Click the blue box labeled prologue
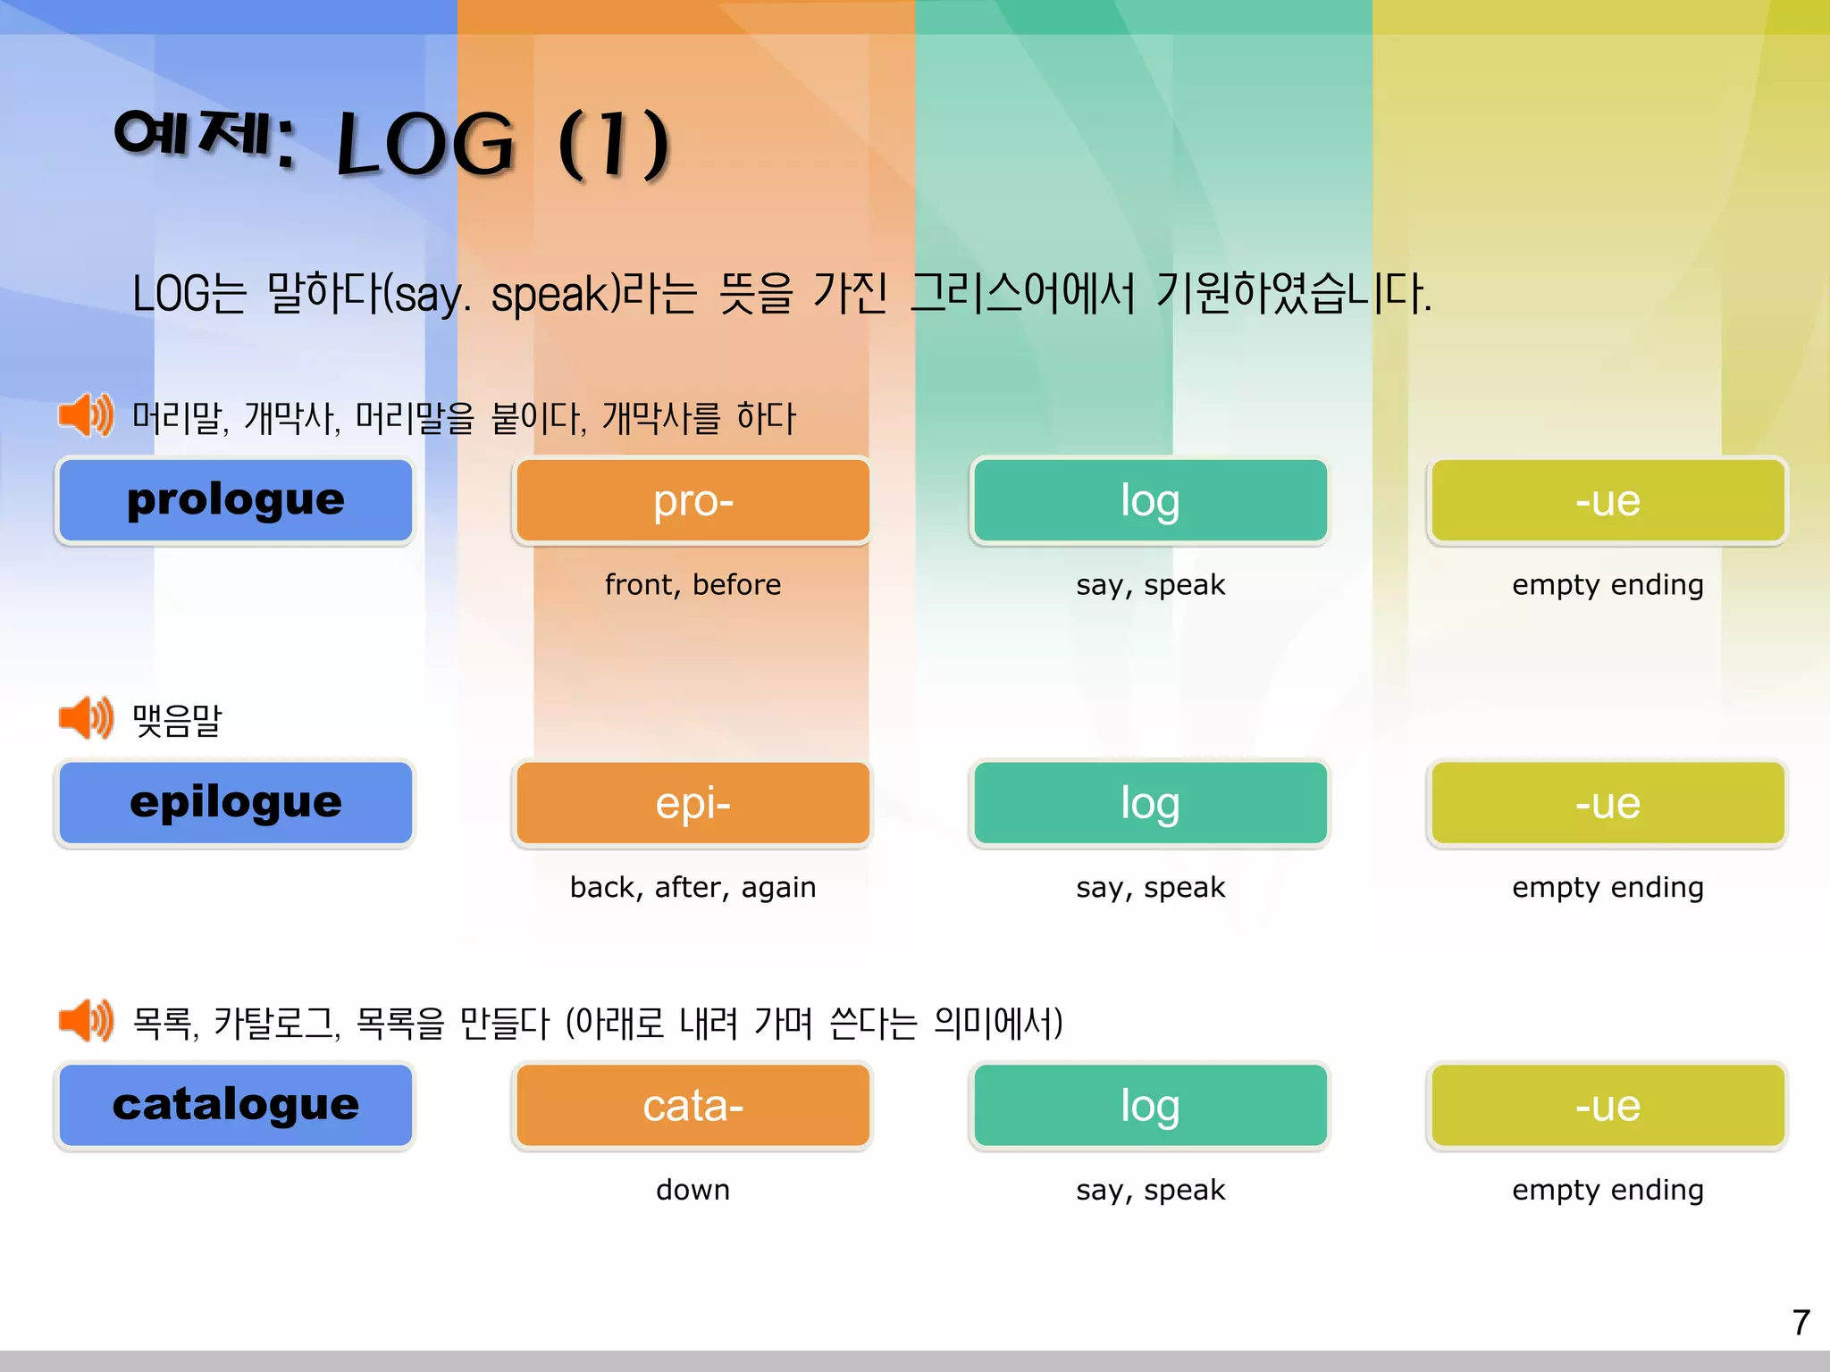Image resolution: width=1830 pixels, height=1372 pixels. tap(235, 500)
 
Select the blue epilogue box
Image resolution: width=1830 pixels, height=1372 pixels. tap(235, 802)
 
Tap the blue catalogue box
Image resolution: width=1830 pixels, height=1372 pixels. tap(235, 1105)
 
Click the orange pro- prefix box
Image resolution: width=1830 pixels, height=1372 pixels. tap(693, 500)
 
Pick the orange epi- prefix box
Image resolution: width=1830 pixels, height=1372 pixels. tap(693, 802)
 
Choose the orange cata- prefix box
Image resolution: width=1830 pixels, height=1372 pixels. tap(693, 1105)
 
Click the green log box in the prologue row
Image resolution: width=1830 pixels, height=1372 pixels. tap(1150, 500)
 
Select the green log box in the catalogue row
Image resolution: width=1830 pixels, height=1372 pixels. tap(1150, 1105)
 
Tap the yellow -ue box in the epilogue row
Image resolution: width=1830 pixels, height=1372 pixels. tap(1608, 802)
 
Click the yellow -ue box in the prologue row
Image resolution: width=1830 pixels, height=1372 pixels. tap(1608, 500)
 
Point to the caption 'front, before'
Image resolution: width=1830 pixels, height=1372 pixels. tap(693, 585)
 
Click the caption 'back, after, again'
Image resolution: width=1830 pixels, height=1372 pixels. tap(693, 887)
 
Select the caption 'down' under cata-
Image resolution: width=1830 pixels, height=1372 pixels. tap(693, 1190)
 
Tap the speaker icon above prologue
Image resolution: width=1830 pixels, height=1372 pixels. tap(86, 415)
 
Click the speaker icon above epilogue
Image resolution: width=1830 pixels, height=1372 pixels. tap(86, 718)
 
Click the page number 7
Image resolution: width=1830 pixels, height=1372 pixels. tap(1801, 1322)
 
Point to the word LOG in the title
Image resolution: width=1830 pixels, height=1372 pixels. tap(425, 145)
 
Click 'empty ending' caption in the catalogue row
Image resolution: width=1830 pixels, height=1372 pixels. tap(1608, 1190)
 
